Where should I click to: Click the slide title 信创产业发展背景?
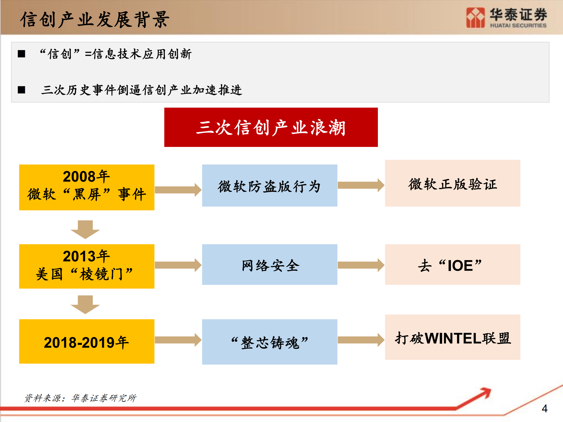[94, 20]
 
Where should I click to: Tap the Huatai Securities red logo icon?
[475, 18]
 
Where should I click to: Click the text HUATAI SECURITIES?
[518, 26]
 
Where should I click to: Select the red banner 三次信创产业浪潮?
[271, 127]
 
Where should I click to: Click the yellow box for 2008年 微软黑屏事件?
[87, 187]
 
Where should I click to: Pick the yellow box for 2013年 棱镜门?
[87, 266]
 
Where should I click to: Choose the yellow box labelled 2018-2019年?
[87, 341]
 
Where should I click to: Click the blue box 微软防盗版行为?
[269, 185]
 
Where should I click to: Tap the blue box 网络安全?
[269, 264]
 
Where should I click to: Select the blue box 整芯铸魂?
[269, 342]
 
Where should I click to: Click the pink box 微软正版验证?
[452, 183]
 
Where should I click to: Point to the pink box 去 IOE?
[452, 264]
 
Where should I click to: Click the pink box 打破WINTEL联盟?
[452, 337]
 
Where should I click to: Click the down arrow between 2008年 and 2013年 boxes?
[85, 229]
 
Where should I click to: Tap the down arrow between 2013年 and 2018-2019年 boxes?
[85, 304]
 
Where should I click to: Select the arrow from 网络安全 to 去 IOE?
[361, 265]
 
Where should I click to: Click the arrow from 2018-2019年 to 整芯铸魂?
[178, 340]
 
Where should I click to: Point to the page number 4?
[545, 409]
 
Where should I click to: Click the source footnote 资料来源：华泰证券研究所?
[80, 398]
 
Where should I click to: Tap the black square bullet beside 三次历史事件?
[21, 90]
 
